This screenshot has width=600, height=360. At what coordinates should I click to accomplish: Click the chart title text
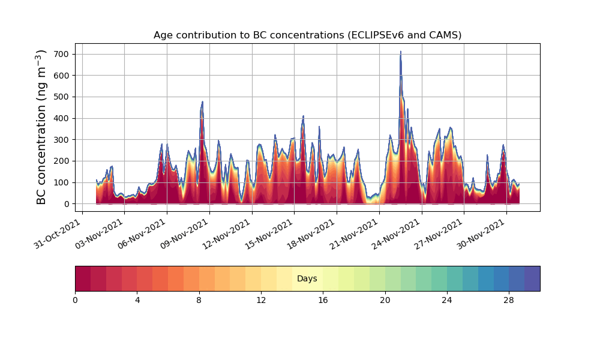click(307, 35)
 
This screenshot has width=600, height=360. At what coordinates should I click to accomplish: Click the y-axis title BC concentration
click(41, 127)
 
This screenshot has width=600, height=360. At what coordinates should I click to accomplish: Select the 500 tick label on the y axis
click(62, 97)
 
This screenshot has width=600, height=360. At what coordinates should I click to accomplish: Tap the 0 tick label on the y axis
click(67, 204)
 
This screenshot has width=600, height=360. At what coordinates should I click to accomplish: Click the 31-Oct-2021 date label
click(58, 234)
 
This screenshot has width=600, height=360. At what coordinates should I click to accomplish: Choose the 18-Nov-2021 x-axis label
click(312, 234)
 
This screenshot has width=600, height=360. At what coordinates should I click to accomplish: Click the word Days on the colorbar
click(307, 278)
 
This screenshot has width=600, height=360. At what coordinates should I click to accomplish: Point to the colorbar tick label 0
click(75, 301)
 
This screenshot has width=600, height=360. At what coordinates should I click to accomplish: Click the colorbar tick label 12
click(261, 301)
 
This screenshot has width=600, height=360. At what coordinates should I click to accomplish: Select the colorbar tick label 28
click(509, 301)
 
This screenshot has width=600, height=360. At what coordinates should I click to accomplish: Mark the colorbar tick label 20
click(385, 301)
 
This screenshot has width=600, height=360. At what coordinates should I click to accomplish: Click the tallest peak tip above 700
click(401, 51)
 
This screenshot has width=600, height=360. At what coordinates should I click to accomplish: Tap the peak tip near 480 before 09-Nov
click(202, 102)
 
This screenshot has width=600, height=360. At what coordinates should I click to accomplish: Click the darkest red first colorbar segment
click(83, 278)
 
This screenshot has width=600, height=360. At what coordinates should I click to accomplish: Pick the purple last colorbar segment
click(532, 278)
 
